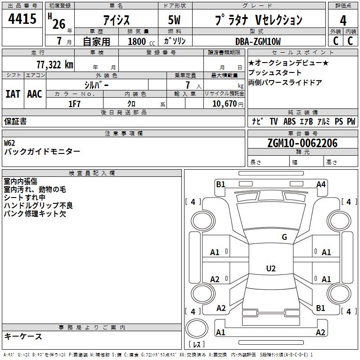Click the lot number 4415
22,19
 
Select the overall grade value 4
343,21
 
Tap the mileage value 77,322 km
55,65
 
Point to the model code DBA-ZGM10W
258,41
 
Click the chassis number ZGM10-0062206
302,143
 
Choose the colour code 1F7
74,104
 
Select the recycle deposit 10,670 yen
228,104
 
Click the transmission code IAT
13,94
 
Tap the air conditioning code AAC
35,94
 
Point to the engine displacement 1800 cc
141,41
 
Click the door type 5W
174,20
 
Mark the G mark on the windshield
284,237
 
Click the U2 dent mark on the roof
271,268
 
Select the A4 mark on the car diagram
321,184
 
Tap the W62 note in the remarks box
9,143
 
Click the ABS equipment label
289,121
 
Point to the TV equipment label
274,121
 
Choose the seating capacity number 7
188,85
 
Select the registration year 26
59,24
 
